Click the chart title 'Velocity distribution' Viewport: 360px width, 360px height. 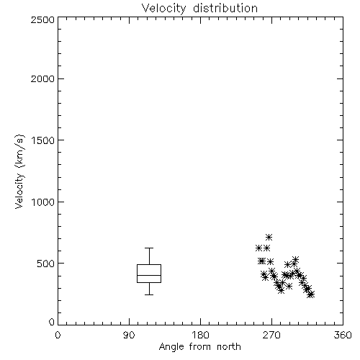point(199,9)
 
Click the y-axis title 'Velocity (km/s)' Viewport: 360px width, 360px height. point(19,171)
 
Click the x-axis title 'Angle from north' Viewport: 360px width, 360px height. point(199,347)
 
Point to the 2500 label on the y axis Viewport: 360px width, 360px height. point(42,19)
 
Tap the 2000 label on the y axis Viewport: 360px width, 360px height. point(42,79)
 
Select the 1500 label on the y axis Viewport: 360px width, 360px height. point(43,140)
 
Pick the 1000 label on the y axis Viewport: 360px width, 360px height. point(43,202)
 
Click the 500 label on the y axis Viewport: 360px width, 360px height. point(46,264)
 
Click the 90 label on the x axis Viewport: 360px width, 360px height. point(129,335)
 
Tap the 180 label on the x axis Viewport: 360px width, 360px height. point(200,335)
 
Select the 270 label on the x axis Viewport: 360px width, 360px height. point(271,335)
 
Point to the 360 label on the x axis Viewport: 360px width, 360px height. point(343,335)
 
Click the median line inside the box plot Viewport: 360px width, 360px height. point(149,275)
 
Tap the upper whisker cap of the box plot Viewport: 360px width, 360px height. point(149,248)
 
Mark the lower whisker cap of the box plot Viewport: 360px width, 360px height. point(149,294)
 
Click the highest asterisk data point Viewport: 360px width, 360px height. point(269,237)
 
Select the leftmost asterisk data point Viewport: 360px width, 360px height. point(258,248)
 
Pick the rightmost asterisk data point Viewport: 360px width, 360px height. point(311,294)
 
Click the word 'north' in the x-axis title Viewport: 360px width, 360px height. point(229,347)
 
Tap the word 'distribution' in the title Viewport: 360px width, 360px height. point(225,9)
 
